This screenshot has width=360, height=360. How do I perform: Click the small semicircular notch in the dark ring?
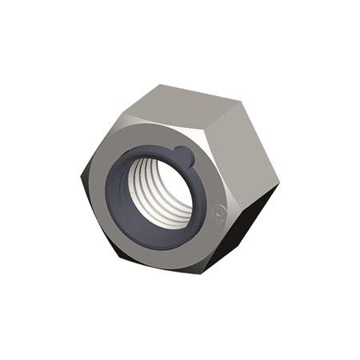(x=182, y=154)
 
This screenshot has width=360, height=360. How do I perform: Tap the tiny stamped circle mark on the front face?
(x=220, y=212)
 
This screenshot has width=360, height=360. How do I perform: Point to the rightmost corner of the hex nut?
(x=279, y=186)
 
